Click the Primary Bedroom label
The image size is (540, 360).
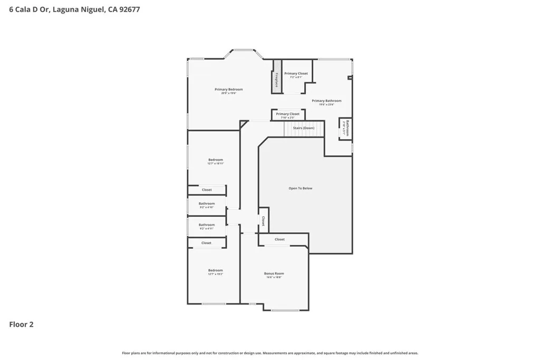tap(228, 90)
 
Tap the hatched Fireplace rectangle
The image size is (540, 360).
tap(276, 77)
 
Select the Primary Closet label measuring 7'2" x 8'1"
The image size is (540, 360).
tap(295, 74)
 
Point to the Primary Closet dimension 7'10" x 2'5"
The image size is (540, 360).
tap(287, 118)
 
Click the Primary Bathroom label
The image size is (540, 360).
tap(326, 101)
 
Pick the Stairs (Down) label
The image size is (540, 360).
tap(303, 128)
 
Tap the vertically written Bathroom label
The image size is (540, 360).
tap(347, 127)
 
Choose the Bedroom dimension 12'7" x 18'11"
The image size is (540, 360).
tap(215, 164)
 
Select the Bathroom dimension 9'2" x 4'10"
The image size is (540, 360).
tap(206, 208)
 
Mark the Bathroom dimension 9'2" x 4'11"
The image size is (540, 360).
tap(206, 229)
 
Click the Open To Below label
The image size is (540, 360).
tap(300, 188)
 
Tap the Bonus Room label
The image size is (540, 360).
tap(274, 274)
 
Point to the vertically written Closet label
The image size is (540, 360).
tap(263, 220)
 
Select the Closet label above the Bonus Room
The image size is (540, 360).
tap(279, 239)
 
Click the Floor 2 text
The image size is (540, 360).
tap(21, 325)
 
